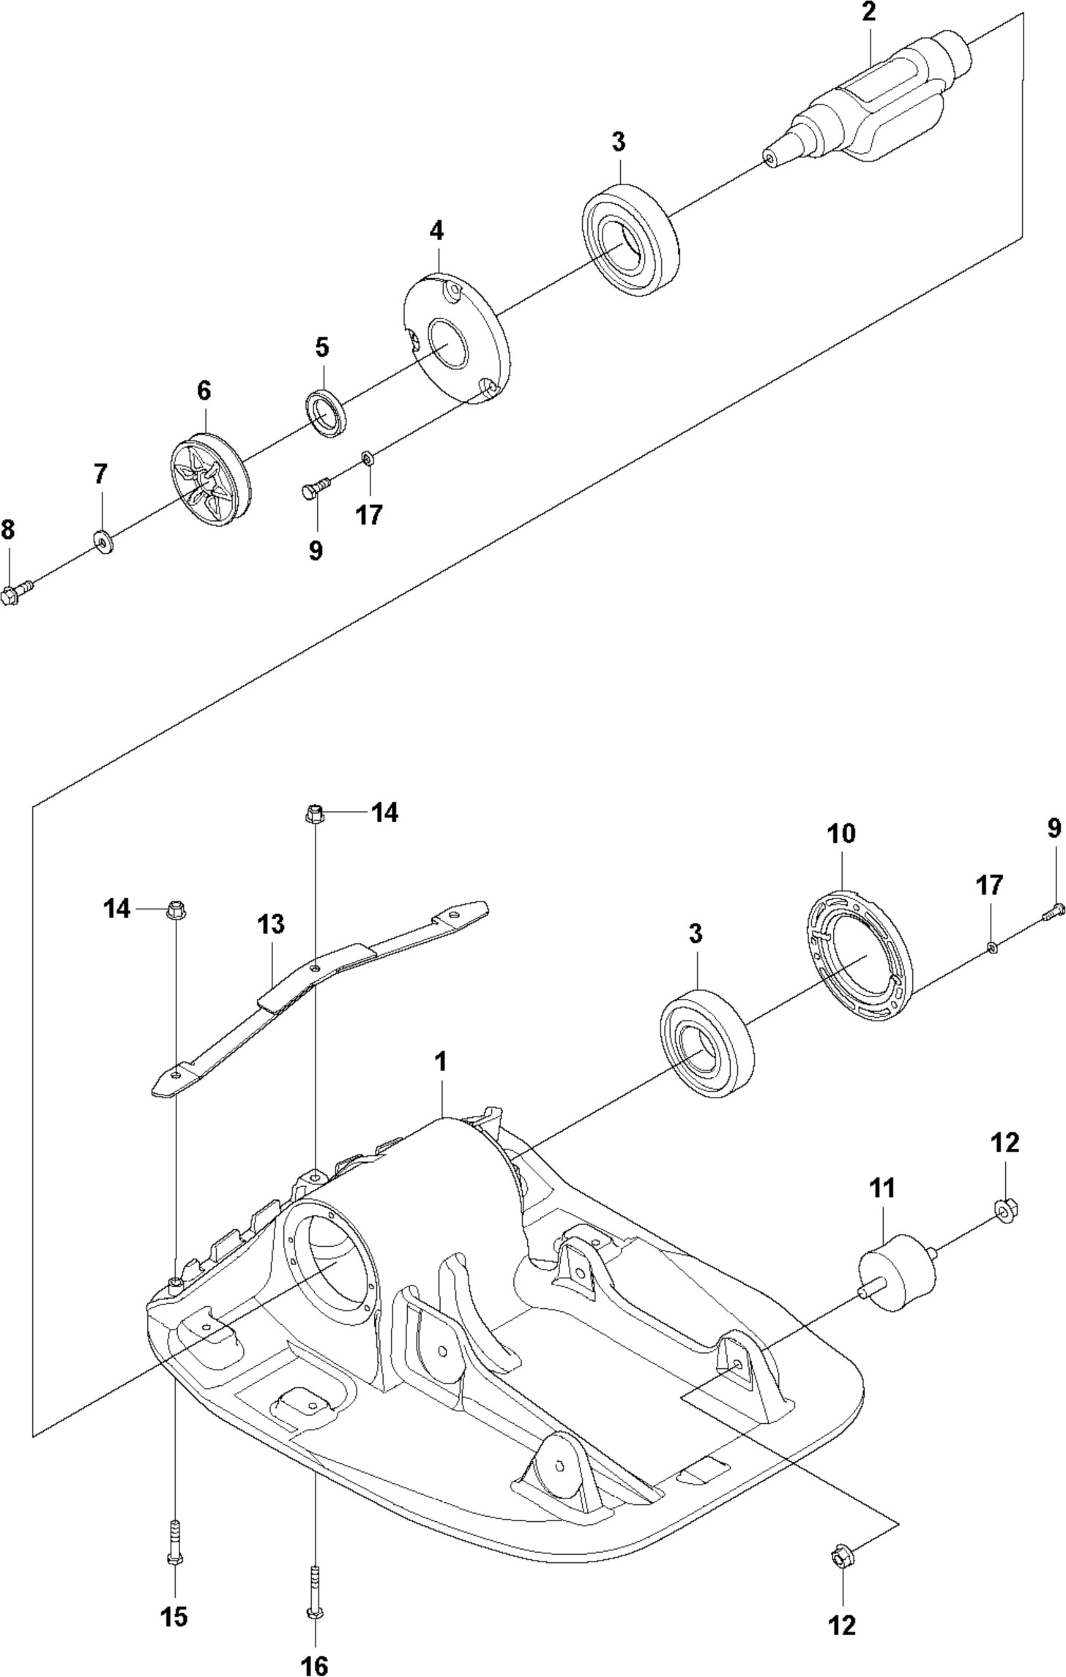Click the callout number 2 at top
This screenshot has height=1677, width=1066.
pyautogui.click(x=868, y=14)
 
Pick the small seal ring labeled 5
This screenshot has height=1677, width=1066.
pyautogui.click(x=327, y=414)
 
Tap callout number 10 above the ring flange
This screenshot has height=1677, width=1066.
pyautogui.click(x=841, y=834)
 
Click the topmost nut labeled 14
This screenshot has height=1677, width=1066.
pyautogui.click(x=314, y=812)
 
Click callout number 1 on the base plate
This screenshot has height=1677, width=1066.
pyautogui.click(x=441, y=1062)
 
